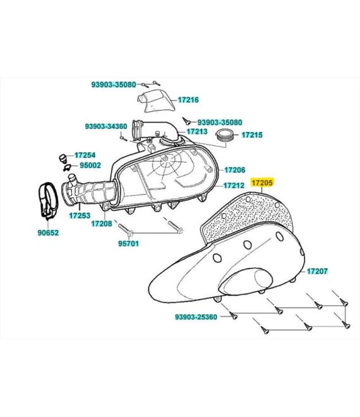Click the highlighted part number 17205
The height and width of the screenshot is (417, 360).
(x=262, y=183)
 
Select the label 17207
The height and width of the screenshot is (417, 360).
(x=318, y=271)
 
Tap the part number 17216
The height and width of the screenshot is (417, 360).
(x=188, y=100)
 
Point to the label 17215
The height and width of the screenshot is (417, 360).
(x=252, y=135)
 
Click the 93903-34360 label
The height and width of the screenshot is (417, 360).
(x=106, y=126)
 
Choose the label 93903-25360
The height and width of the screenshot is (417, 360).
(x=196, y=317)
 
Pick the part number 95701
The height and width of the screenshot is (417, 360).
(x=128, y=243)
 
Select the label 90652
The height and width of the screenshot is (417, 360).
(x=48, y=233)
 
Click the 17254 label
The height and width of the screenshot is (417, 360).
(x=85, y=155)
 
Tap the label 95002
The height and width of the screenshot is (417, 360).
(x=90, y=165)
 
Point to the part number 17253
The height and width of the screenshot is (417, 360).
(x=80, y=215)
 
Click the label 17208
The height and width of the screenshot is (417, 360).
(x=102, y=224)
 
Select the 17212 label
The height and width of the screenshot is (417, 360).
(x=234, y=185)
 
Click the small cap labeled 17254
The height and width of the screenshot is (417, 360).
(x=63, y=158)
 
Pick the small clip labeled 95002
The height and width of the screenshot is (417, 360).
(x=67, y=167)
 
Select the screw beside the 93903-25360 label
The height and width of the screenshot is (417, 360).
(x=233, y=316)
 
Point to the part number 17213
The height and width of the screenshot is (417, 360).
(x=197, y=131)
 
